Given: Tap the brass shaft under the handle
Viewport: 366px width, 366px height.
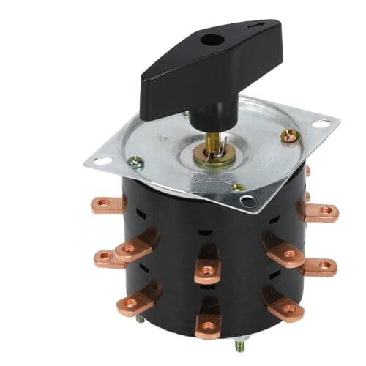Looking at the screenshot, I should (211, 140).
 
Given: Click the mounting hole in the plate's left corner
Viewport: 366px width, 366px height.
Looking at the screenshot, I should (103, 160).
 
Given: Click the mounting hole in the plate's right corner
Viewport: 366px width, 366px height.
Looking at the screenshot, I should (322, 122).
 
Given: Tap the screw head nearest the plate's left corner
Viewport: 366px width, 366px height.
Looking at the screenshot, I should (135, 163).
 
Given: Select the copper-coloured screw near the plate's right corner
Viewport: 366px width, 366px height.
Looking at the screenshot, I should (290, 135).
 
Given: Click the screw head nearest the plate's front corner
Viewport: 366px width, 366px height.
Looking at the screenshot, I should (237, 188).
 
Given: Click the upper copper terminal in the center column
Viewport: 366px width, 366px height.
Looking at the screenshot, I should (209, 269).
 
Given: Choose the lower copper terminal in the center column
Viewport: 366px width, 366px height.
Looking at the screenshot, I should (209, 322).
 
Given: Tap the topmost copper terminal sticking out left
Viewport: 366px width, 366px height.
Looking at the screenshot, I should (108, 204).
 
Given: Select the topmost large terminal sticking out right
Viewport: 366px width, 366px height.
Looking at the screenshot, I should (320, 213).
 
